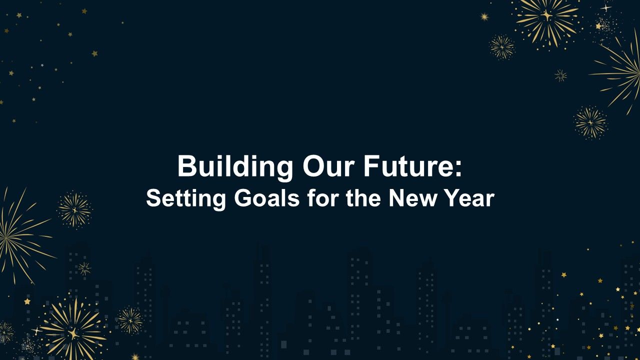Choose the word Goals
pos(267,197)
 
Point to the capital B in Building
pos(187,166)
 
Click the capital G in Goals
pos(242,197)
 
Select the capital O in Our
pos(313,166)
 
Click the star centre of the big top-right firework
pos(547,15)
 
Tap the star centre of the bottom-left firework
pos(73,333)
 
